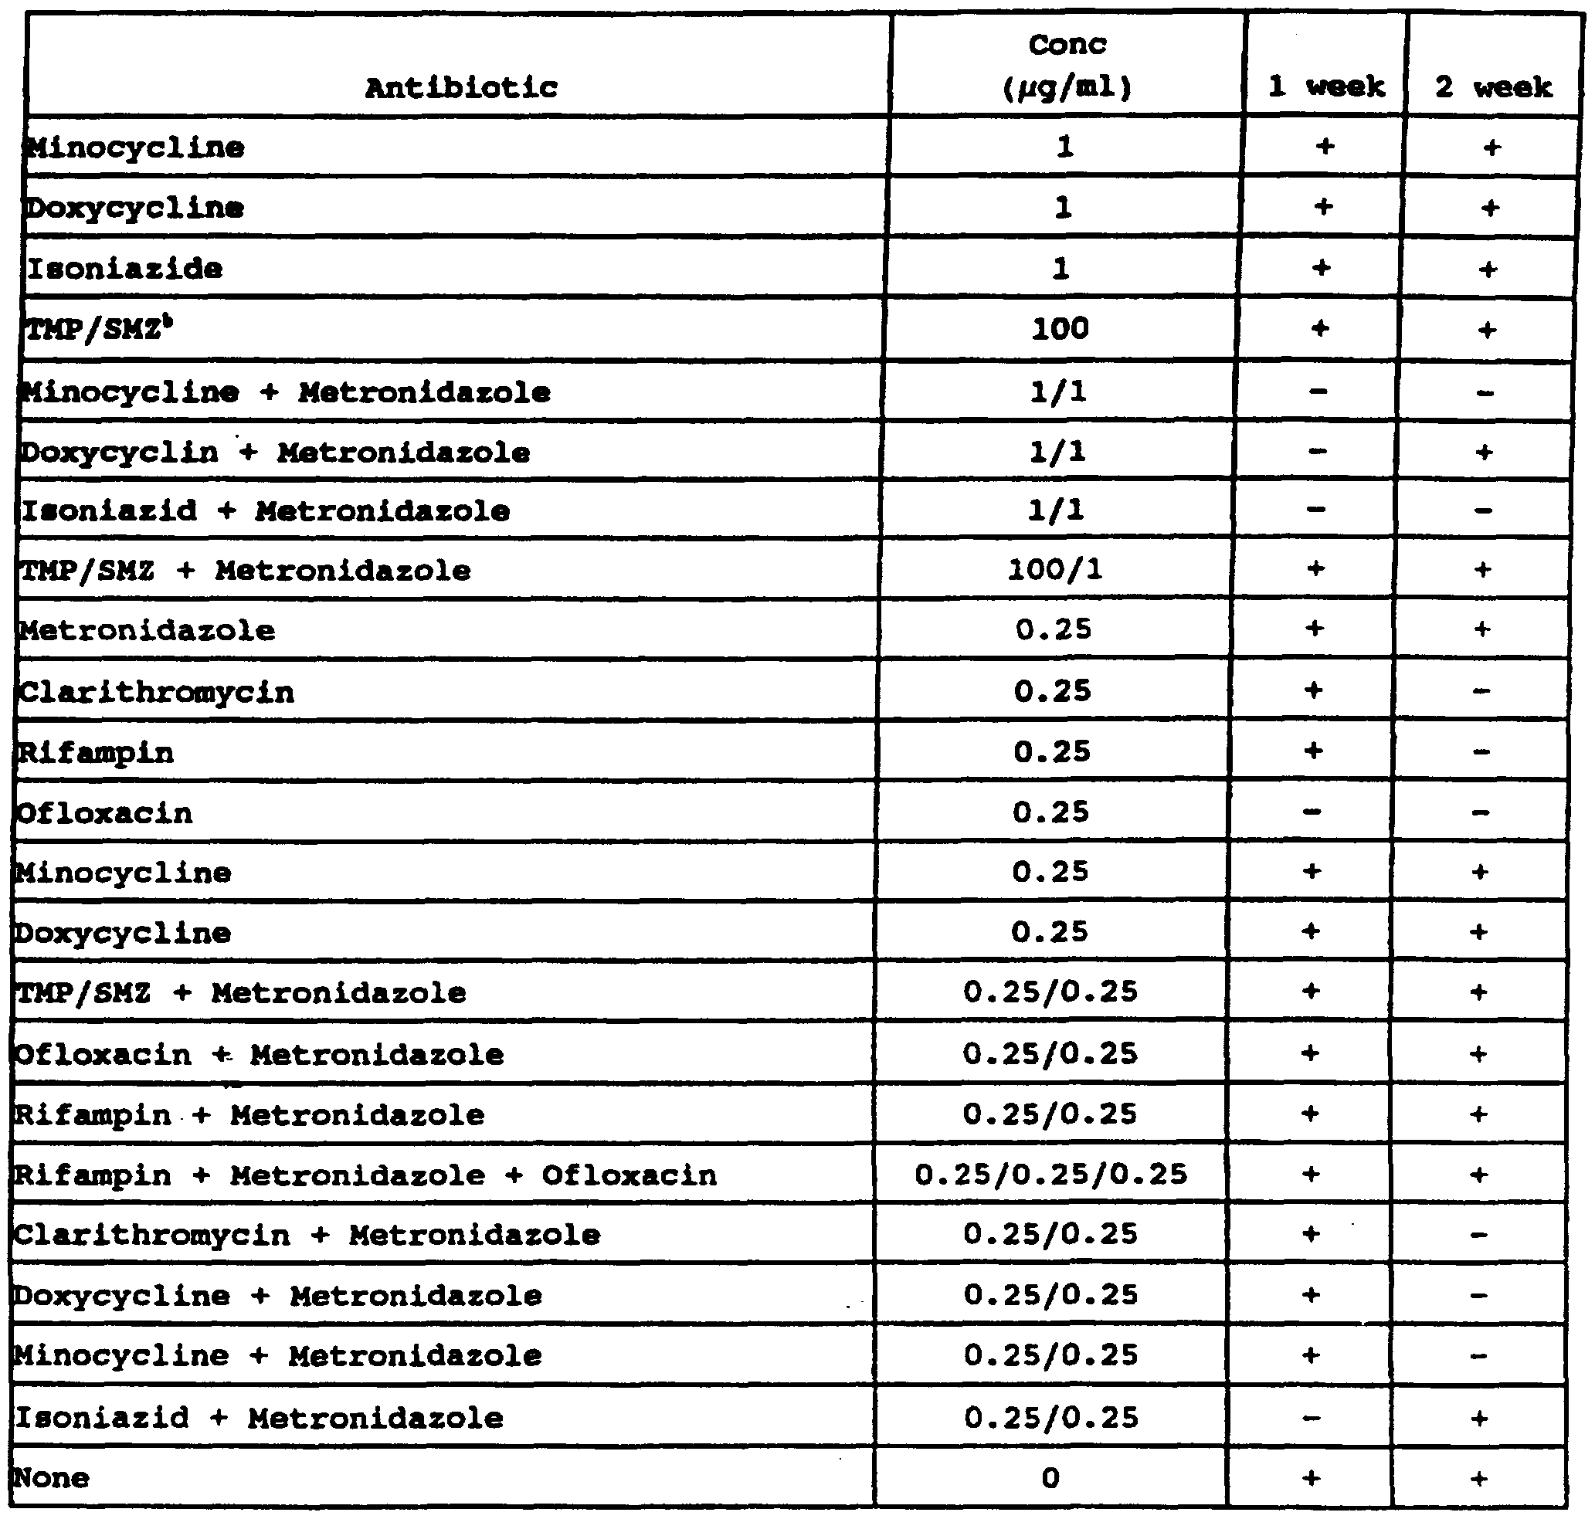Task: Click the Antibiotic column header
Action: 461,87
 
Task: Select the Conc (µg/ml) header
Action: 1067,66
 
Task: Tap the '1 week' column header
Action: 1326,86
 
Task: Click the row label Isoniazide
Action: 125,269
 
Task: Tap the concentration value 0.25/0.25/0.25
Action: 1050,1174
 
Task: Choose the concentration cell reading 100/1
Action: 1054,571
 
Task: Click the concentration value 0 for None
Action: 1050,1479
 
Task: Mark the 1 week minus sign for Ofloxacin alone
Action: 1313,812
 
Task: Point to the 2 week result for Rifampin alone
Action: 1481,752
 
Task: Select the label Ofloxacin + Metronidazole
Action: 260,1054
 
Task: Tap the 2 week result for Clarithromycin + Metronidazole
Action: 1479,1236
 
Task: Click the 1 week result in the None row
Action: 1311,1479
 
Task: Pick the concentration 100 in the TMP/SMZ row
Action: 1060,329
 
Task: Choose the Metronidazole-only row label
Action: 147,631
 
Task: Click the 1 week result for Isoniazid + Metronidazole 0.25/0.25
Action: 1312,1418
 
